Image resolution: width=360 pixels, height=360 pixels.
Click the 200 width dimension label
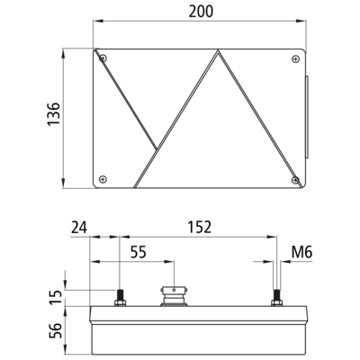click(x=201, y=12)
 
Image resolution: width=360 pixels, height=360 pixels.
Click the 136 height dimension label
click(x=54, y=114)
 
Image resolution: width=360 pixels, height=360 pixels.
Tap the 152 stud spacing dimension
click(x=200, y=227)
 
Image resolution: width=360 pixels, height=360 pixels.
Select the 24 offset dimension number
click(x=79, y=227)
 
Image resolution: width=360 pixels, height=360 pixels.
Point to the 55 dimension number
click(x=139, y=252)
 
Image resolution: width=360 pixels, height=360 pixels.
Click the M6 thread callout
click(x=302, y=252)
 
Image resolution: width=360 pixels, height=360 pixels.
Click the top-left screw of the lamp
click(x=103, y=58)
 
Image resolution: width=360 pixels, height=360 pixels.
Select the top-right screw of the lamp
click(x=295, y=59)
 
